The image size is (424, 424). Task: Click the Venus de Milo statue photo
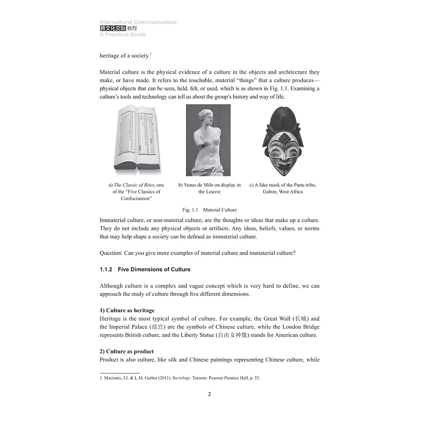[x=208, y=140]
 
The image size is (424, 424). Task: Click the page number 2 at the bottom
[x=209, y=394]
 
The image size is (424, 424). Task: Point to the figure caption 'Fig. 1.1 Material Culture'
[x=209, y=210]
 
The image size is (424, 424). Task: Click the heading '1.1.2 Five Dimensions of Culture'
[x=145, y=269]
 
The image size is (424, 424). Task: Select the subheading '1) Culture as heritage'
[x=127, y=310]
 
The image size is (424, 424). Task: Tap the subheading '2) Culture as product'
[x=127, y=351]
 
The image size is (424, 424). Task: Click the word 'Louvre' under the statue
[x=209, y=192]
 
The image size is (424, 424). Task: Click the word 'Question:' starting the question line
[x=112, y=252]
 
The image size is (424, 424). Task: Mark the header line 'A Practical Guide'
[x=122, y=35]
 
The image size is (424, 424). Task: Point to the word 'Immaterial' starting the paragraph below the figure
[x=114, y=219]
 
